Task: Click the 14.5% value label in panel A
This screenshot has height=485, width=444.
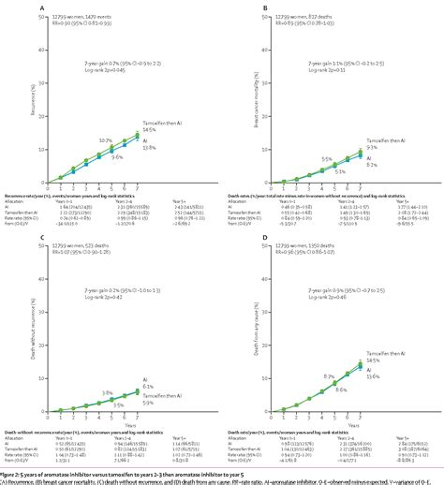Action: pyautogui.click(x=161, y=128)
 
